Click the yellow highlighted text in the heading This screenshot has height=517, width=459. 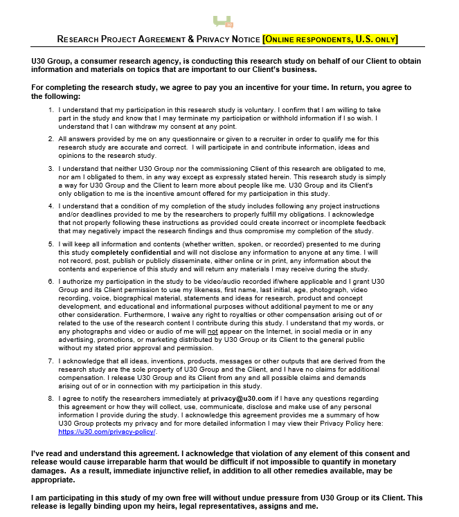[330, 39]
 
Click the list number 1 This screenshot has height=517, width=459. [51, 110]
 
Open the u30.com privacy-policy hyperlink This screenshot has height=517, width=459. [107, 431]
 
